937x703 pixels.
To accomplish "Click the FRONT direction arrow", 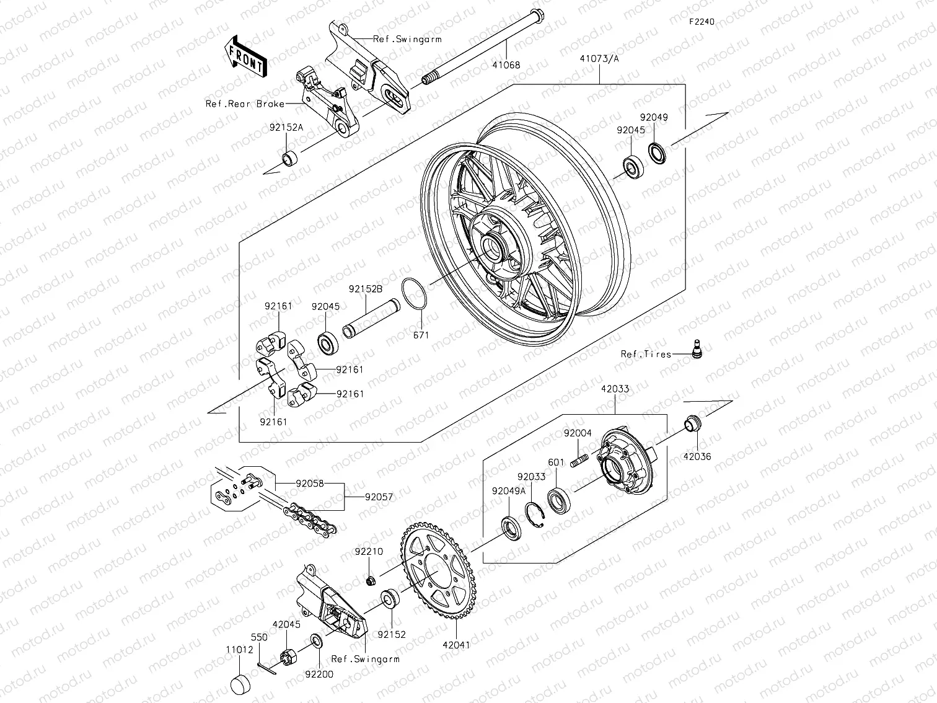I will pyautogui.click(x=245, y=56).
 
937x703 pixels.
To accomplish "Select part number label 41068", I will pyautogui.click(x=506, y=64).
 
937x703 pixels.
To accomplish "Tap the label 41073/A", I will pyautogui.click(x=599, y=59).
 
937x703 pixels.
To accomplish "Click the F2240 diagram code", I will pyautogui.click(x=702, y=22).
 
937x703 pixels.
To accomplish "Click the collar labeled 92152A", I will pyautogui.click(x=289, y=158).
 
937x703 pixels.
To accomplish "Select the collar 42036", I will pyautogui.click(x=692, y=424).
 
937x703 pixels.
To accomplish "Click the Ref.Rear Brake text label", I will pyautogui.click(x=245, y=104).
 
